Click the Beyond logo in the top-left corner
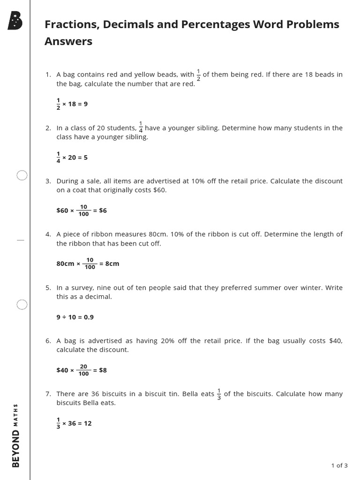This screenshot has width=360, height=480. [x=15, y=21]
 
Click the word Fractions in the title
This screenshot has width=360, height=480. [x=67, y=24]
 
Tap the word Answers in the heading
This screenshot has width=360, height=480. [x=68, y=41]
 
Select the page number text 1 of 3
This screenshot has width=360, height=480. [x=339, y=465]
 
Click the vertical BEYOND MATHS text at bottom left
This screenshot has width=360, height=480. [x=16, y=435]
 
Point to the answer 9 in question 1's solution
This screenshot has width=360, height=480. [x=85, y=104]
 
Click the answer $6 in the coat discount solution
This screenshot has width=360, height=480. [x=103, y=210]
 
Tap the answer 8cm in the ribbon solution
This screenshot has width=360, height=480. [x=112, y=263]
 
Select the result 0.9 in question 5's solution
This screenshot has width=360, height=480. [x=89, y=317]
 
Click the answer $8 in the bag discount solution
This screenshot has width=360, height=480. [x=103, y=370]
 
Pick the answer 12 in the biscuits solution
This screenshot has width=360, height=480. [x=88, y=423]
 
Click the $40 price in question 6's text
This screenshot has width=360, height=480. [x=336, y=341]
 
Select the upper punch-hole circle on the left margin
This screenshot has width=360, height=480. [x=22, y=176]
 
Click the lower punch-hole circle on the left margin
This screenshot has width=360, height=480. [x=22, y=305]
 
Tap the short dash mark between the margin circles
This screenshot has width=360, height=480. [x=20, y=240]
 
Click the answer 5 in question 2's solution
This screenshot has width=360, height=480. [x=85, y=157]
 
